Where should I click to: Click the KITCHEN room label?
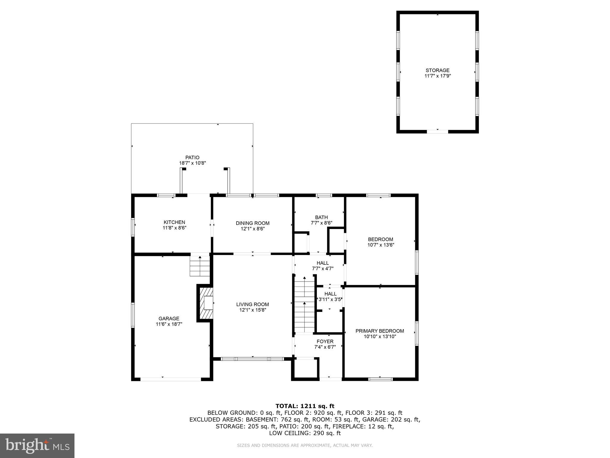click(174, 222)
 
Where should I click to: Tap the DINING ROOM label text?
click(253, 223)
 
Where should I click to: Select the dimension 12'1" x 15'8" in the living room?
click(253, 310)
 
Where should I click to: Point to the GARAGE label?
click(169, 318)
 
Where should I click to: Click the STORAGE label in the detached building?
click(437, 70)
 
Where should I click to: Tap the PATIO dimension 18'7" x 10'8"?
click(192, 163)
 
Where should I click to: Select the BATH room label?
click(321, 217)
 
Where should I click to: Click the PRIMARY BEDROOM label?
click(379, 331)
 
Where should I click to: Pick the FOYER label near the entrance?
click(325, 341)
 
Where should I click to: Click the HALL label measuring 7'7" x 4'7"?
click(323, 263)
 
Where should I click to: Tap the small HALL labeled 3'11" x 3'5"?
click(330, 294)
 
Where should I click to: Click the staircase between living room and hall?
click(304, 304)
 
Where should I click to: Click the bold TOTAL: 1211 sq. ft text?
click(305, 406)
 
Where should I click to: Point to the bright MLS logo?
click(37, 445)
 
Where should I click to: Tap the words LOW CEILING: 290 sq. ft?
click(305, 433)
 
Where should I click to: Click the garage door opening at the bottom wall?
click(171, 379)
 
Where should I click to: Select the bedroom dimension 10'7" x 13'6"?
click(381, 245)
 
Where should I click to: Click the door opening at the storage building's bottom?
click(437, 131)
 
